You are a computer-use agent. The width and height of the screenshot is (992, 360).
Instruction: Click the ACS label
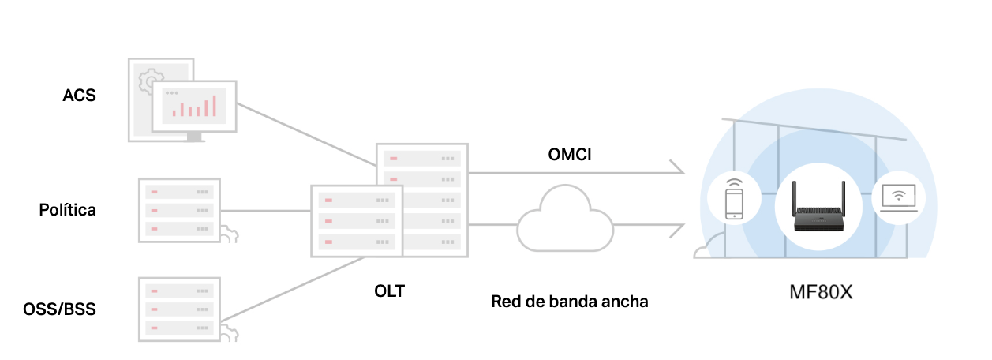79,96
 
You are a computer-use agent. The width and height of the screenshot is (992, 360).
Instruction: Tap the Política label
67,210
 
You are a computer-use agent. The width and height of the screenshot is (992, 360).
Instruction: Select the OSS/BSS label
59,309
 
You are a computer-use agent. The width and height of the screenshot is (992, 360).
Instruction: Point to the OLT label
389,291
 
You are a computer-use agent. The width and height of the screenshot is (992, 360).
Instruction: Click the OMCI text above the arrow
570,155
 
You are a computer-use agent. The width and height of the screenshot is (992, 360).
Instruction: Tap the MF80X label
821,292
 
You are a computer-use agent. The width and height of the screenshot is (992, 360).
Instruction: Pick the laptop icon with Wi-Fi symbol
899,198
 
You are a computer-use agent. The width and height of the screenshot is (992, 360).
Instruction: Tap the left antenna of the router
795,198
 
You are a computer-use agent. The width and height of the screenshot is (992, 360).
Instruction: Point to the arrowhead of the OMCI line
678,167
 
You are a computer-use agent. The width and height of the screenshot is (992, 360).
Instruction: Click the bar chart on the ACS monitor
194,107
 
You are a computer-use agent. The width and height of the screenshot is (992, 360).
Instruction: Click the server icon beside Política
179,210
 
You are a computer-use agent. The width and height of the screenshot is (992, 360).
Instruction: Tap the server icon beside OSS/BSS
179,309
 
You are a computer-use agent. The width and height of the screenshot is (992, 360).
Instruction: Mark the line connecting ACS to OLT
306,134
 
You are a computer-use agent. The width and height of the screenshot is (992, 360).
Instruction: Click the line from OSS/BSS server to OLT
292,289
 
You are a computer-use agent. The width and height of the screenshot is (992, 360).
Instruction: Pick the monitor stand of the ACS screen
194,137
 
